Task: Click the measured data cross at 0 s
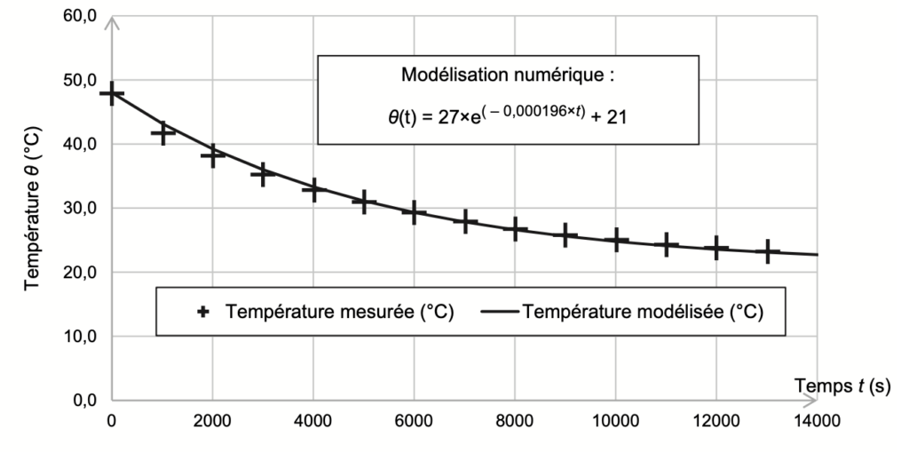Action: pyautogui.click(x=112, y=93)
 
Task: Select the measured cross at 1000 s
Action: pyautogui.click(x=162, y=133)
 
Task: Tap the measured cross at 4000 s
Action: pyautogui.click(x=313, y=190)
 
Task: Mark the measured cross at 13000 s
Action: pyautogui.click(x=768, y=252)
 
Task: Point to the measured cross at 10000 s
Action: pyautogui.click(x=616, y=240)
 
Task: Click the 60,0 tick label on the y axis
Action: pyautogui.click(x=78, y=16)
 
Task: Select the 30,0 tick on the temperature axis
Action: pyautogui.click(x=78, y=208)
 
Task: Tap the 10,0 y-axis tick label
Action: pyautogui.click(x=78, y=337)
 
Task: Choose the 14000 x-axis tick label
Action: pyautogui.click(x=817, y=420)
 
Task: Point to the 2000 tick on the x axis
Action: pyautogui.click(x=212, y=420)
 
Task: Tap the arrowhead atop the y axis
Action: pyautogui.click(x=112, y=21)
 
